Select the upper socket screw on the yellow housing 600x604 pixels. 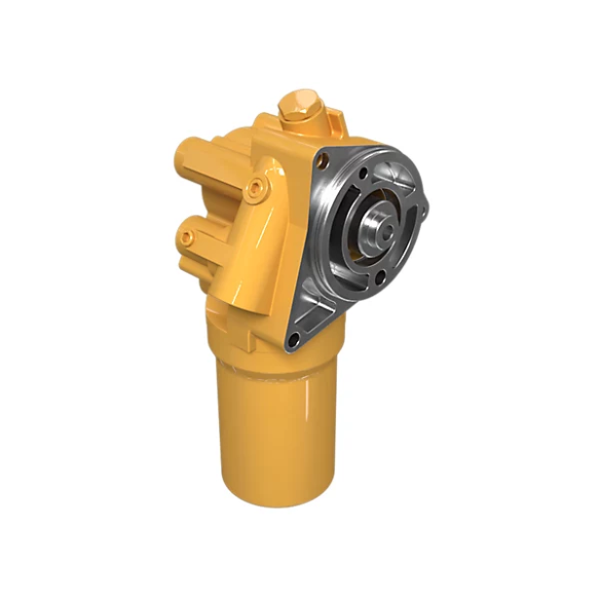[x=255, y=185]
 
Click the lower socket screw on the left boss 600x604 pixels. [x=186, y=237]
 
